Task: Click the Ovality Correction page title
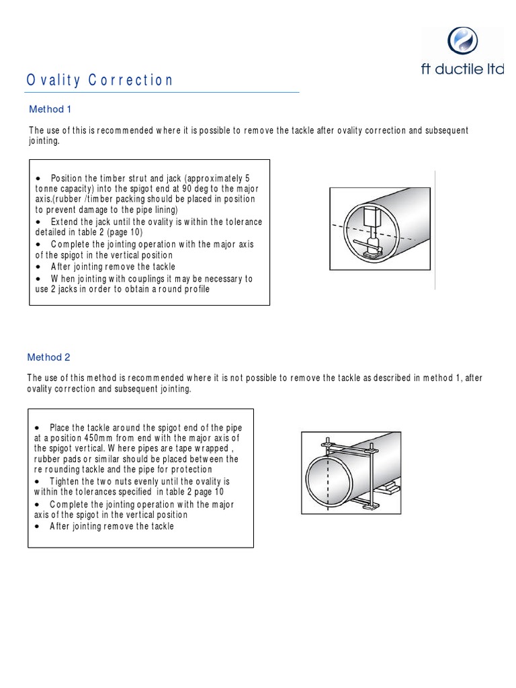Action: (x=100, y=81)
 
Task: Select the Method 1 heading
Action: (x=46, y=109)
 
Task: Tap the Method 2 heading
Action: (x=49, y=357)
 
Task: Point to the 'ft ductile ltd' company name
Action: (x=462, y=71)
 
